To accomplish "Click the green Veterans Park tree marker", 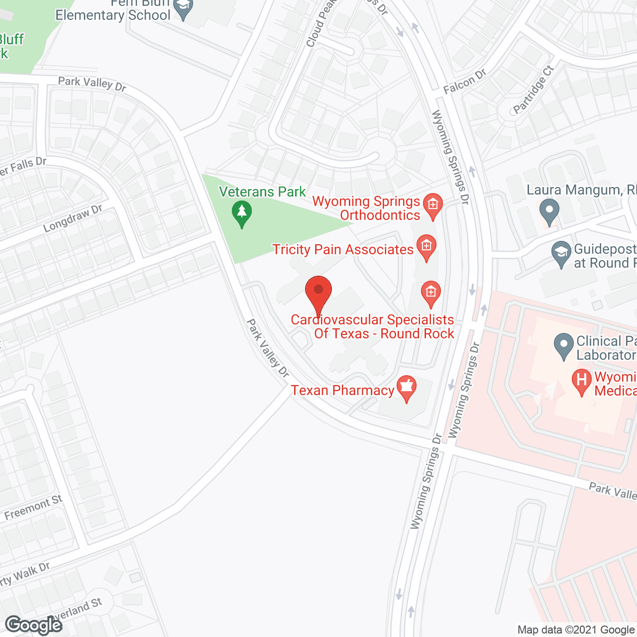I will click(242, 212).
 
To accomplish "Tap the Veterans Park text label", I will click(262, 192).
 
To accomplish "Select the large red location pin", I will click(318, 294).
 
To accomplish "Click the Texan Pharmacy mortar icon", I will click(407, 388).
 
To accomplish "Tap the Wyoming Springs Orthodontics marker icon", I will click(432, 205).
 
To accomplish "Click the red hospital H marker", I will click(581, 381).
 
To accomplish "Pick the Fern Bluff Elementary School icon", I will click(184, 8).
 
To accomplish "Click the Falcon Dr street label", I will click(465, 82).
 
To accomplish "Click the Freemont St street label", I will click(33, 508).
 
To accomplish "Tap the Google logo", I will click(34, 625).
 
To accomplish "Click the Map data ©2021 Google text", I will click(576, 630).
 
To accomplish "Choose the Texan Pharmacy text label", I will click(342, 390).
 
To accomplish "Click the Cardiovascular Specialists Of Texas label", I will click(373, 326).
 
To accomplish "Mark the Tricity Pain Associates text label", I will click(343, 249).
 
